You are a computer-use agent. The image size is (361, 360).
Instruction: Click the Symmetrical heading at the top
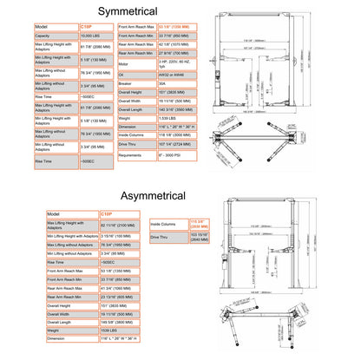pyautogui.click(x=180, y=10)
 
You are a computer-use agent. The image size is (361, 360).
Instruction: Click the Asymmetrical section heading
pyautogui.click(x=180, y=198)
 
